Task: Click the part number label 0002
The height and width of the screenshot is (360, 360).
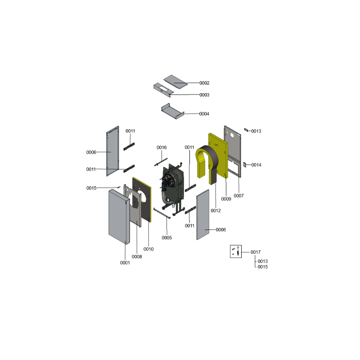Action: pyautogui.click(x=204, y=83)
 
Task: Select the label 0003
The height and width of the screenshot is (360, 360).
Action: pyautogui.click(x=204, y=95)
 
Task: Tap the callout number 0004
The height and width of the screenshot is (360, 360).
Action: pyautogui.click(x=204, y=114)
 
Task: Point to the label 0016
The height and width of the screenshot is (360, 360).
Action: pyautogui.click(x=162, y=148)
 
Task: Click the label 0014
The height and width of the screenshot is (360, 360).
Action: pyautogui.click(x=256, y=165)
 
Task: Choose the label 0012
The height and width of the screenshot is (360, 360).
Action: pyautogui.click(x=216, y=211)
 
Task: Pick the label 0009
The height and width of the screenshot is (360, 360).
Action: pyautogui.click(x=226, y=199)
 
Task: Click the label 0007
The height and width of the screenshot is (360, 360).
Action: pyautogui.click(x=239, y=196)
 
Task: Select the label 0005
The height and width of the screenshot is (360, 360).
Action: pyautogui.click(x=166, y=238)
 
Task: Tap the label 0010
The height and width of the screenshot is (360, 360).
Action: pyautogui.click(x=148, y=249)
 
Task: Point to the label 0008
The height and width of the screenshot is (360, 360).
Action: pyautogui.click(x=137, y=256)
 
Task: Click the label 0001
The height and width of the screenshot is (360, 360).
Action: pyautogui.click(x=125, y=263)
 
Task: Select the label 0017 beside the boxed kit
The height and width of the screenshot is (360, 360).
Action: pyautogui.click(x=256, y=252)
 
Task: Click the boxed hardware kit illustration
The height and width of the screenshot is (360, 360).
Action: pyautogui.click(x=236, y=252)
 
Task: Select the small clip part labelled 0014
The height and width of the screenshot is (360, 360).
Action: pyautogui.click(x=245, y=165)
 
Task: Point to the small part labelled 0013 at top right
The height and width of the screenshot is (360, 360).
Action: pyautogui.click(x=246, y=130)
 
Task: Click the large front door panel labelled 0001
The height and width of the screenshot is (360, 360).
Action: pyautogui.click(x=119, y=217)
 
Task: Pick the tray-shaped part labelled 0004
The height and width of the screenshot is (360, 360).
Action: pyautogui.click(x=173, y=111)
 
